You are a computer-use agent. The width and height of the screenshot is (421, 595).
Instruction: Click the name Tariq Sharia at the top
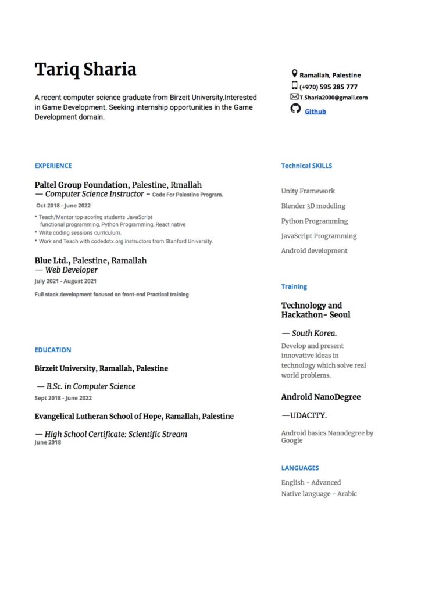pyautogui.click(x=85, y=69)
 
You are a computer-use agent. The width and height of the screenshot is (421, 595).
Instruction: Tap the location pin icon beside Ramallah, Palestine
pyautogui.click(x=294, y=74)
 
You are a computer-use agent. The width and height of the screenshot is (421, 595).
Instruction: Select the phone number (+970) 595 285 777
pyautogui.click(x=329, y=87)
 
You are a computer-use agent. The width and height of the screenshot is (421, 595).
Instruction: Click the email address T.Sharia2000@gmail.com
pyautogui.click(x=334, y=98)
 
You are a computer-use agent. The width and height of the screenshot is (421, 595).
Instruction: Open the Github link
pyautogui.click(x=315, y=111)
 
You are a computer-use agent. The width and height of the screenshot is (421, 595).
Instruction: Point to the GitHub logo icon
pyautogui.click(x=295, y=109)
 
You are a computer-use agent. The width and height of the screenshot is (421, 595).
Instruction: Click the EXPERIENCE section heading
pyautogui.click(x=53, y=166)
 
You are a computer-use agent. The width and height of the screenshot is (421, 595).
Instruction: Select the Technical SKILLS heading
pyautogui.click(x=306, y=166)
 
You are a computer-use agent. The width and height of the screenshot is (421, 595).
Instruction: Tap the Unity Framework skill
pyautogui.click(x=308, y=191)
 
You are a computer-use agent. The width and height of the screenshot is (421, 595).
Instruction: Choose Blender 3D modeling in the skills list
pyautogui.click(x=313, y=206)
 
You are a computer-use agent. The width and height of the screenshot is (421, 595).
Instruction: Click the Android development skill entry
pyautogui.click(x=314, y=251)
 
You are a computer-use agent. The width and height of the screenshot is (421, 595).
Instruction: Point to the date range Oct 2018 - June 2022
pyautogui.click(x=63, y=205)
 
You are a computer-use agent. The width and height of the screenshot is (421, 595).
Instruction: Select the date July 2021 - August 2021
pyautogui.click(x=66, y=281)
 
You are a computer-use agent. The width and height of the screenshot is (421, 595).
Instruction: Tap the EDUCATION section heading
pyautogui.click(x=53, y=350)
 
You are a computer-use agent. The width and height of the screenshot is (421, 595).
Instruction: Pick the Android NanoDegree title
pyautogui.click(x=320, y=397)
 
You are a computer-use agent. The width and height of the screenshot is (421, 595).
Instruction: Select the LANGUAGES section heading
pyautogui.click(x=300, y=468)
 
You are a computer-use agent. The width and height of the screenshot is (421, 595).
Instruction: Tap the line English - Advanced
pyautogui.click(x=311, y=482)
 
